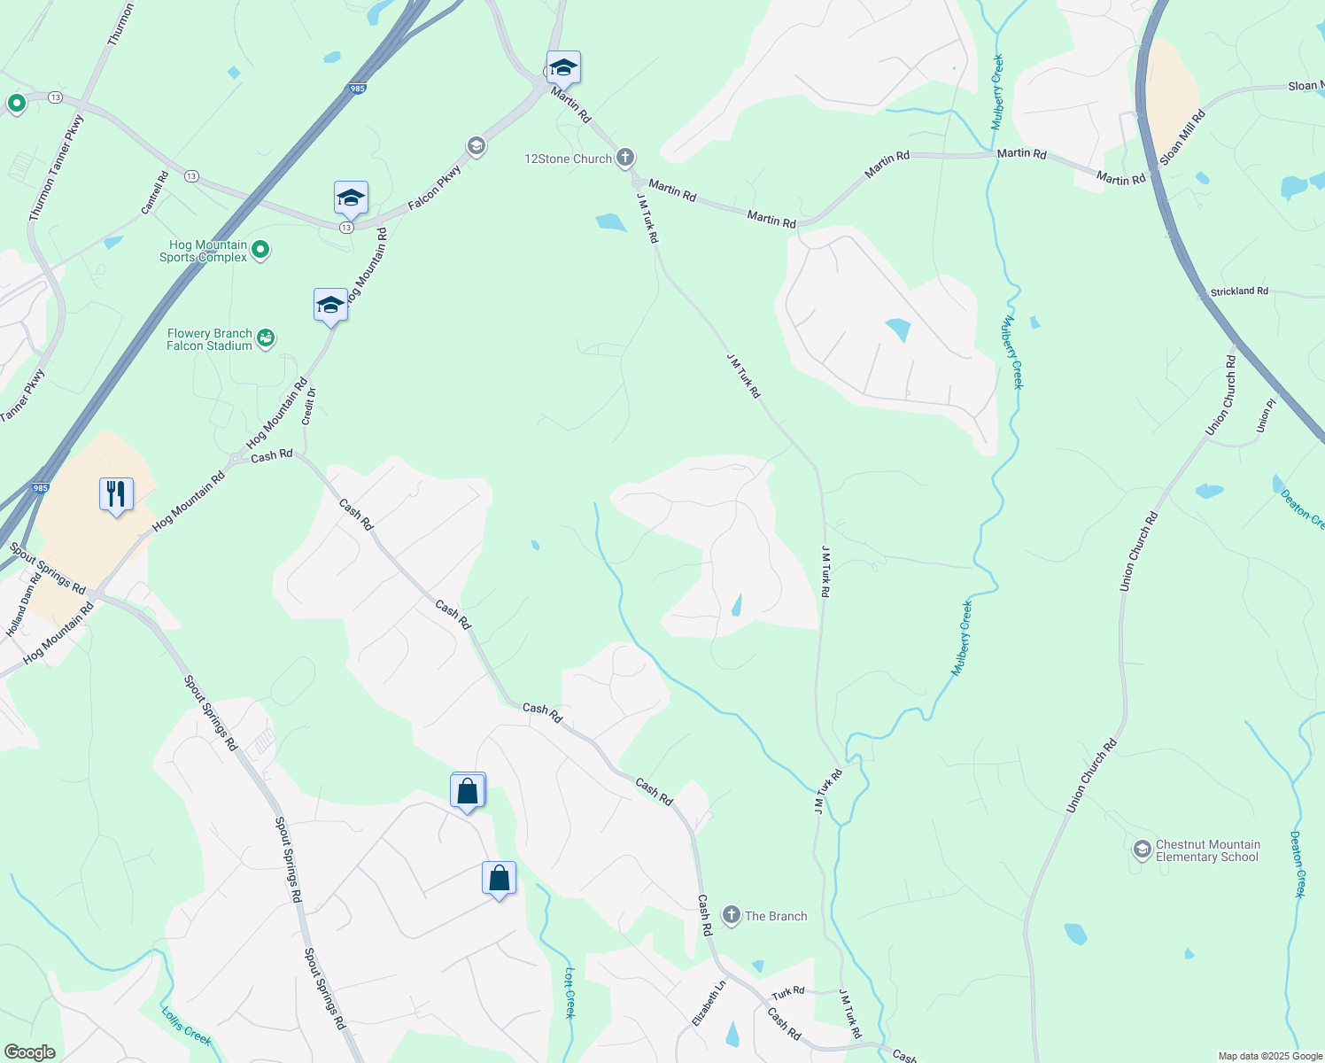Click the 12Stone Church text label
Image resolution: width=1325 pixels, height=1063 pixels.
tap(568, 159)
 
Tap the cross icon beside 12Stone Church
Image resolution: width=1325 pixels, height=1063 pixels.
tap(625, 159)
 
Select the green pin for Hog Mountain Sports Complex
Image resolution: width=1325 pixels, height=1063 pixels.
tap(260, 251)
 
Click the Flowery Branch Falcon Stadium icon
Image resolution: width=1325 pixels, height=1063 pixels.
tap(266, 338)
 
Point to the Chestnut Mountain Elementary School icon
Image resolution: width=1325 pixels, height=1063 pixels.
tap(1143, 850)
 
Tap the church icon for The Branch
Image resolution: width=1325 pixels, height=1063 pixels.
tap(731, 915)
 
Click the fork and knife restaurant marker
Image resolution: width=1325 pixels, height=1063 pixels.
tap(116, 493)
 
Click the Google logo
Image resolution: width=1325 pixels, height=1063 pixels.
tap(29, 1052)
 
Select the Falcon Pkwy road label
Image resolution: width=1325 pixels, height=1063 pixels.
tap(435, 189)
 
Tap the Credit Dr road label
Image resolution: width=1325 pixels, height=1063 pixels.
tap(309, 406)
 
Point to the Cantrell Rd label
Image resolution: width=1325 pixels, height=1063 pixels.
tap(155, 193)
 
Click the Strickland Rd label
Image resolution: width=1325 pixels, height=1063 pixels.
tap(1239, 291)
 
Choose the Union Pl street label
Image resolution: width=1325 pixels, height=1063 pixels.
tap(1267, 415)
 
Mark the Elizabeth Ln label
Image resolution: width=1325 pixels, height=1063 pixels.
tap(709, 1003)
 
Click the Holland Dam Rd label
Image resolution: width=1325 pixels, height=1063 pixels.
tap(24, 606)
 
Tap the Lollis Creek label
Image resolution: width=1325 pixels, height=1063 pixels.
tap(186, 1026)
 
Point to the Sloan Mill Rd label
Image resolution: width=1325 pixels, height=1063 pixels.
tap(1182, 137)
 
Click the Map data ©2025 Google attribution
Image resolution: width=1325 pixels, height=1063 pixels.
tap(1270, 1056)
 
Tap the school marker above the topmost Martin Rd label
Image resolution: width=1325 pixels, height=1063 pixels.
tap(563, 67)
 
